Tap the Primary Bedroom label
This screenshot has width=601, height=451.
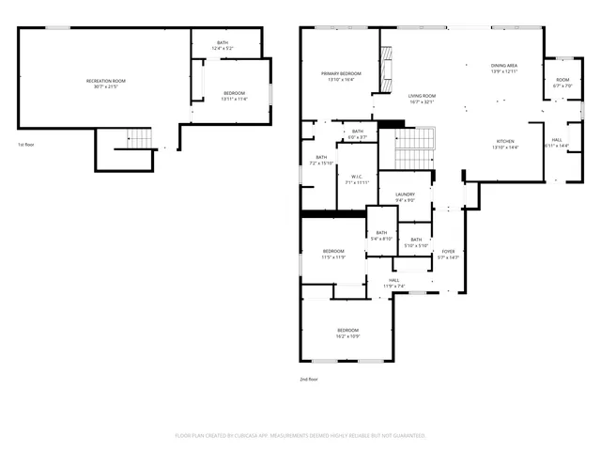tap(341, 76)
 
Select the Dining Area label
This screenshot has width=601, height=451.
tap(504, 68)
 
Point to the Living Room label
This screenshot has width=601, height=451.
tap(422, 98)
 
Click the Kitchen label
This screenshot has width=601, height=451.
tap(505, 144)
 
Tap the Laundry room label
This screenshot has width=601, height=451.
tap(405, 196)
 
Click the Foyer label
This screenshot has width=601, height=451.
tap(448, 254)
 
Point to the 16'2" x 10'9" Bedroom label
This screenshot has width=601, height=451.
tap(347, 333)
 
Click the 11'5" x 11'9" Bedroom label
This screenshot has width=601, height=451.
tap(333, 254)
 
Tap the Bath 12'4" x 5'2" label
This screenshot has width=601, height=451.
tap(223, 44)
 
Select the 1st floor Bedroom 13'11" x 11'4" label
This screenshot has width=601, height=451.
tap(234, 96)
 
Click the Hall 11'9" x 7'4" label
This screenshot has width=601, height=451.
tap(395, 283)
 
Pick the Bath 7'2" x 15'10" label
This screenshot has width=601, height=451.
tap(321, 160)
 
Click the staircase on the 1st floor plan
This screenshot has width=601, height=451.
tap(139, 139)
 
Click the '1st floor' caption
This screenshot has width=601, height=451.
tap(26, 145)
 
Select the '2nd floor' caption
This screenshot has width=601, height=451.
tap(309, 379)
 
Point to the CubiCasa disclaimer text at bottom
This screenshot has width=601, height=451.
tap(300, 435)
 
